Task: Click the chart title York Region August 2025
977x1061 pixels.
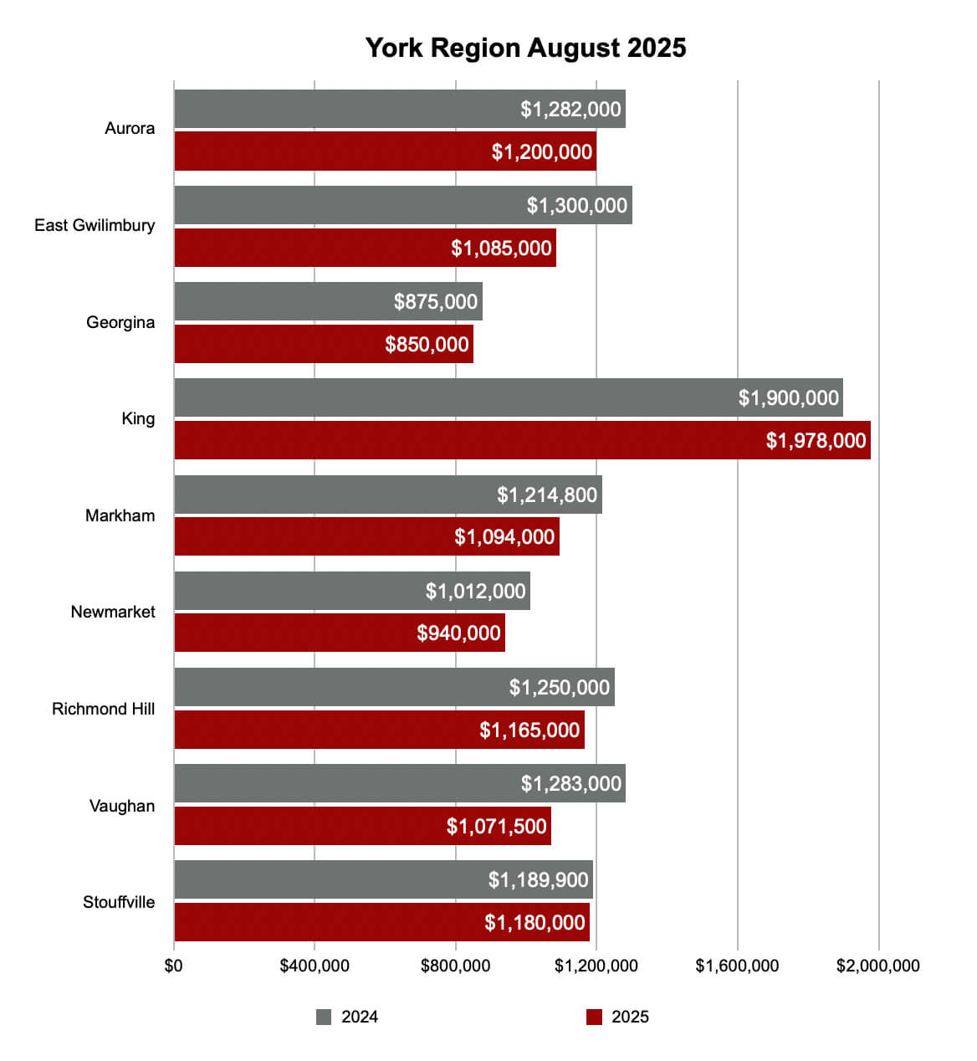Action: [525, 48]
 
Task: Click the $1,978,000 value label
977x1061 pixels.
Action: [816, 440]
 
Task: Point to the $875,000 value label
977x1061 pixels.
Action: [436, 301]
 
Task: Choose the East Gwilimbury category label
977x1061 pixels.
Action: [95, 225]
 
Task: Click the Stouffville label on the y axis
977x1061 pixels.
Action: [119, 902]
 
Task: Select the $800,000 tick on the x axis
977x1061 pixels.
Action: [456, 966]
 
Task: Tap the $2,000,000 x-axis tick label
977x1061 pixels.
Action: [878, 966]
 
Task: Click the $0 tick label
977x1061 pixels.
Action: [174, 966]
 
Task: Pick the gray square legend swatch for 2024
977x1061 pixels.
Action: [324, 1017]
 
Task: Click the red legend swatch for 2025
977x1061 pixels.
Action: [594, 1017]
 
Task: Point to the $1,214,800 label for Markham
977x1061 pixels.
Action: [547, 495]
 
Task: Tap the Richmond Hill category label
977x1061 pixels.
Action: [104, 709]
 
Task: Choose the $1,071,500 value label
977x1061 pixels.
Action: [496, 826]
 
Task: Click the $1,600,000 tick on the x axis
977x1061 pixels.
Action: [737, 966]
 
